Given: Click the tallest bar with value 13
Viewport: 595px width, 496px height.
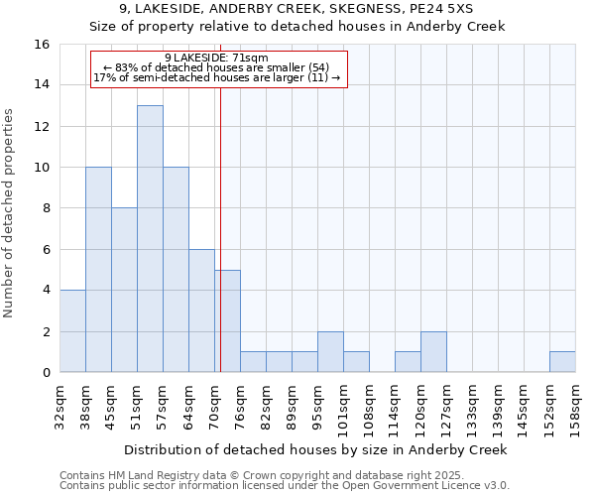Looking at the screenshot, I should point(150,239).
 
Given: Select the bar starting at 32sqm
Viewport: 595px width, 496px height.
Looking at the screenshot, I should point(72,331).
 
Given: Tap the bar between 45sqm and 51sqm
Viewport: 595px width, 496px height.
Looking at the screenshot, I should point(124,290).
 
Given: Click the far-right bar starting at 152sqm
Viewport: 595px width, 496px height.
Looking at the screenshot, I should point(562,362).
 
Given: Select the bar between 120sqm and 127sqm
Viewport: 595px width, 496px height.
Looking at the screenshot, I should point(433,352).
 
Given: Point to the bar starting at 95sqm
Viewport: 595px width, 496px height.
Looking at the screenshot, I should point(330,352).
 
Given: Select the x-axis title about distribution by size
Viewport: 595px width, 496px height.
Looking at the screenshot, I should point(317,449).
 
